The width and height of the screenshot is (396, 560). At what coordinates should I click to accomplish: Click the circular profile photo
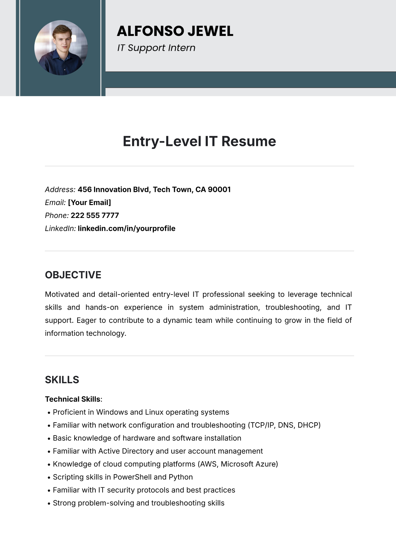61,48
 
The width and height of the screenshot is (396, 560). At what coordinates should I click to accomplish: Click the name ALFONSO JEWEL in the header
175,31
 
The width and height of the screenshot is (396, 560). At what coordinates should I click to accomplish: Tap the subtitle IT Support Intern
156,48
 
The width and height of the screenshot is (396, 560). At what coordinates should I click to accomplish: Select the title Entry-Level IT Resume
199,141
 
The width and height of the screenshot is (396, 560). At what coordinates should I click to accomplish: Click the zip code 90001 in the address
219,190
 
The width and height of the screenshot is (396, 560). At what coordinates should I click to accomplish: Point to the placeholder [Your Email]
89,202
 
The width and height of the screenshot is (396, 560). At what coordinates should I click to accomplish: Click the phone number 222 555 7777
95,215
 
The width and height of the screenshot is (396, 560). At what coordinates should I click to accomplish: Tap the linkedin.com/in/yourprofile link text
126,228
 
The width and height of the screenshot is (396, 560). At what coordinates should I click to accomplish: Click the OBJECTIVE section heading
73,275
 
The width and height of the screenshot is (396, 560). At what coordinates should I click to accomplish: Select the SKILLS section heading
62,380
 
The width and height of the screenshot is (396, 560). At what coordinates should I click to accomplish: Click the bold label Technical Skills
73,399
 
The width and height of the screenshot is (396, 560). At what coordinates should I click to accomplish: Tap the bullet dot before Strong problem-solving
49,504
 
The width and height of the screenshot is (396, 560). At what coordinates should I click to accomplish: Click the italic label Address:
60,190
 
